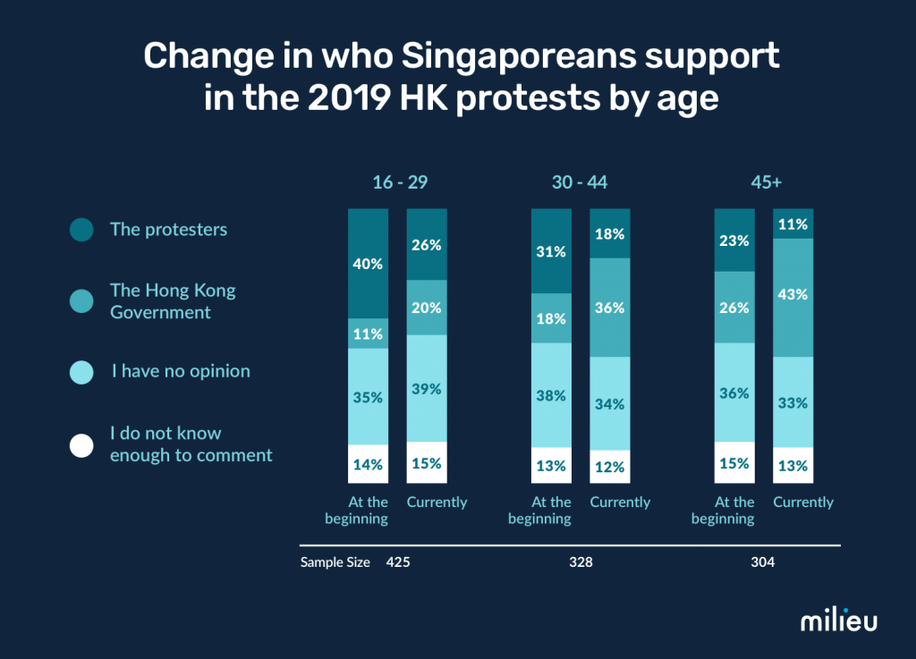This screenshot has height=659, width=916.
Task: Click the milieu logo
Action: (x=837, y=620)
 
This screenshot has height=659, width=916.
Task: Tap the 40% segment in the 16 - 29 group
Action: (x=368, y=264)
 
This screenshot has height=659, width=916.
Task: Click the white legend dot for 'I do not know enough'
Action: (x=81, y=444)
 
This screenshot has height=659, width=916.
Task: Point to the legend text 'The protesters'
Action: (x=168, y=230)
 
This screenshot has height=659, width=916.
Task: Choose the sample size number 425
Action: (x=398, y=563)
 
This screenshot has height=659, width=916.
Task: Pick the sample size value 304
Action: (x=763, y=563)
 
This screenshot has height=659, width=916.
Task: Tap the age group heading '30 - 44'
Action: (x=581, y=182)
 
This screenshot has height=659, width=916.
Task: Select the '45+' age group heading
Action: (x=766, y=182)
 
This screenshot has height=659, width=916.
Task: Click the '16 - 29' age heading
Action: (x=400, y=182)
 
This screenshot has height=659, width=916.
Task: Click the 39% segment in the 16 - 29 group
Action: (x=427, y=388)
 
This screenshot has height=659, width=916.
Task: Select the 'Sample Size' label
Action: (x=335, y=563)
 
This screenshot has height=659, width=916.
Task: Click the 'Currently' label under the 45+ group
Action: (x=803, y=503)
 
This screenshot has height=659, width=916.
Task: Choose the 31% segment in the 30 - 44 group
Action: (x=551, y=251)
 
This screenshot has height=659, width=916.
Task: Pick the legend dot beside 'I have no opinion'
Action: (x=81, y=371)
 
